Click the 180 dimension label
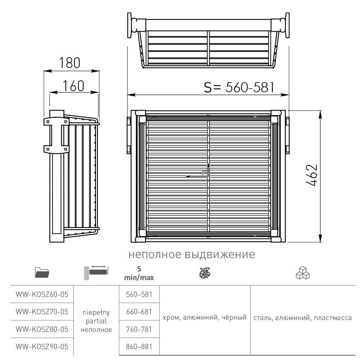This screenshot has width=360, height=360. click(x=70, y=63)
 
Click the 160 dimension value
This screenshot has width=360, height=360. click(x=73, y=86)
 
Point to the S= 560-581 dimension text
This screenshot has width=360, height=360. click(x=239, y=87)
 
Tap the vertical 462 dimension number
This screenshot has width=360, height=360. click(x=312, y=175)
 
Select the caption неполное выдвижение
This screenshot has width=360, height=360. click(x=192, y=255)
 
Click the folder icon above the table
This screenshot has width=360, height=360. click(x=42, y=273)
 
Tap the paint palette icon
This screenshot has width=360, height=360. click(x=205, y=273)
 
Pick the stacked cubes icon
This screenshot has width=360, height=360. click(x=303, y=273)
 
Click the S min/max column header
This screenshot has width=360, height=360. click(x=139, y=273)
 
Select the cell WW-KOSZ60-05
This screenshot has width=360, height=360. click(x=42, y=294)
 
